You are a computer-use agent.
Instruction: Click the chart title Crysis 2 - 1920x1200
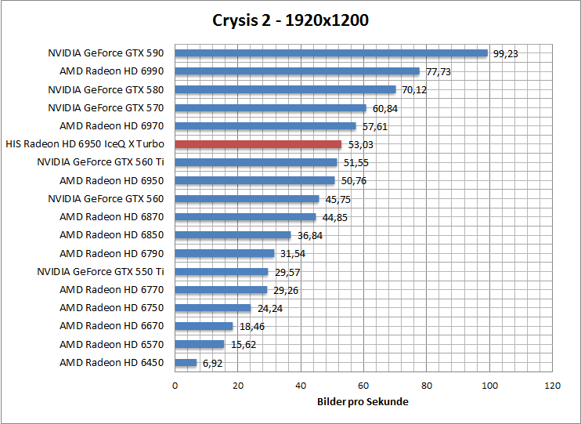click(x=290, y=20)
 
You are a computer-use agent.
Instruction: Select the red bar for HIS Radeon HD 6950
click(x=258, y=144)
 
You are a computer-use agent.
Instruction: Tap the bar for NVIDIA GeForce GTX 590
click(x=331, y=53)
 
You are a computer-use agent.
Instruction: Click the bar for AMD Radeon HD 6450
click(x=186, y=363)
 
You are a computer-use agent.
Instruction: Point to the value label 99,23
click(x=506, y=54)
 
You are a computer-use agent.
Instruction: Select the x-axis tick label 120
click(x=553, y=386)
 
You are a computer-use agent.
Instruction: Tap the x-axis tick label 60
click(x=363, y=386)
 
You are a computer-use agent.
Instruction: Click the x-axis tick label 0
click(x=175, y=386)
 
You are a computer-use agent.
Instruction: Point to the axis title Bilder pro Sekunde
click(x=363, y=401)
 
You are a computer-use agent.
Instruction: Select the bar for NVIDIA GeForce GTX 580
click(x=285, y=89)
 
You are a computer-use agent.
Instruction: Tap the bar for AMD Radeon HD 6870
click(x=245, y=217)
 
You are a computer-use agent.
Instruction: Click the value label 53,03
click(x=359, y=145)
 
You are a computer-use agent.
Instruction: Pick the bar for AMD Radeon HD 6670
click(x=204, y=326)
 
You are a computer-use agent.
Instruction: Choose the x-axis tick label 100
click(x=490, y=386)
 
